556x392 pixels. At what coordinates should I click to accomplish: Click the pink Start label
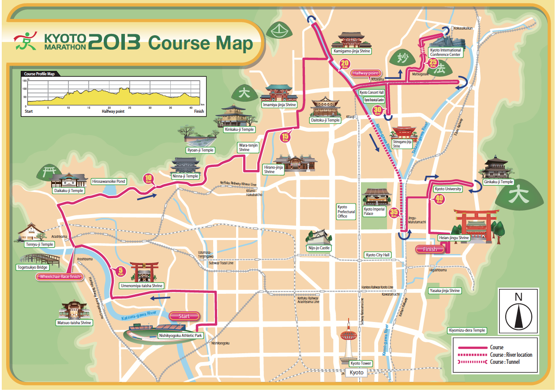184,316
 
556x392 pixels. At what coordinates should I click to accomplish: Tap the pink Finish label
430,249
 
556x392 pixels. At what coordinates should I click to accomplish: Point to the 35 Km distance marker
394,213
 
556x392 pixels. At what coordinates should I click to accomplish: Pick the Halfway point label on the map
365,73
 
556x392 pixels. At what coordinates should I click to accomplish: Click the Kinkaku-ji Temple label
239,129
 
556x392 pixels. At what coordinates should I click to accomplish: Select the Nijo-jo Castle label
319,248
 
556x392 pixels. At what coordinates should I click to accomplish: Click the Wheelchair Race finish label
60,277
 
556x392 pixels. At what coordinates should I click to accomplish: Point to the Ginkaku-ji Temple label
498,182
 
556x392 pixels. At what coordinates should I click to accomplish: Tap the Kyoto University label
448,189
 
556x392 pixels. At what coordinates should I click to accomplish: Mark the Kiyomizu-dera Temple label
467,330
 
